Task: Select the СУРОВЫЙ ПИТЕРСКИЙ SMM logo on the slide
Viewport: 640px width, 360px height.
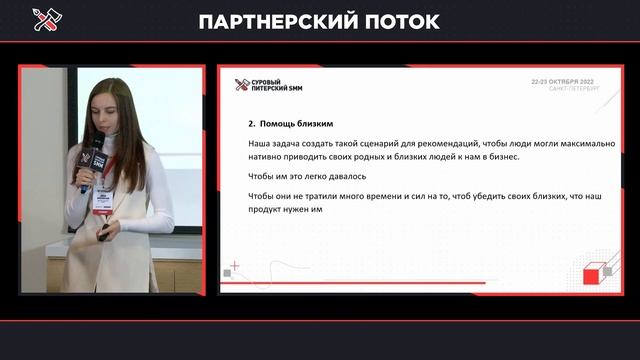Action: coord(268,85)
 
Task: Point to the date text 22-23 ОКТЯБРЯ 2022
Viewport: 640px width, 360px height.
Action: coord(567,81)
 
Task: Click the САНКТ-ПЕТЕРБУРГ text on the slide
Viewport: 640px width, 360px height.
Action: coord(573,89)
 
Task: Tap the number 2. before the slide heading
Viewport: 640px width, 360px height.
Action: coord(253,125)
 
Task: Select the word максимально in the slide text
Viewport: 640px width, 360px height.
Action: coord(582,143)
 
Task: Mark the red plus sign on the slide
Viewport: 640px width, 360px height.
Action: coord(234,266)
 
